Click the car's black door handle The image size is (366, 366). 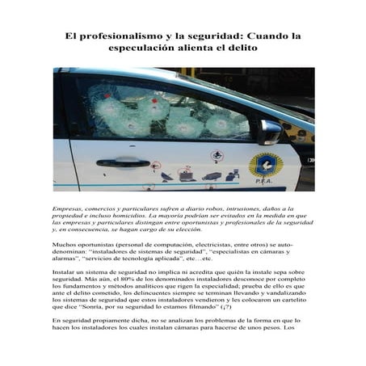(123, 162)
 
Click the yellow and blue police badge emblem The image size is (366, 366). (265, 165)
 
